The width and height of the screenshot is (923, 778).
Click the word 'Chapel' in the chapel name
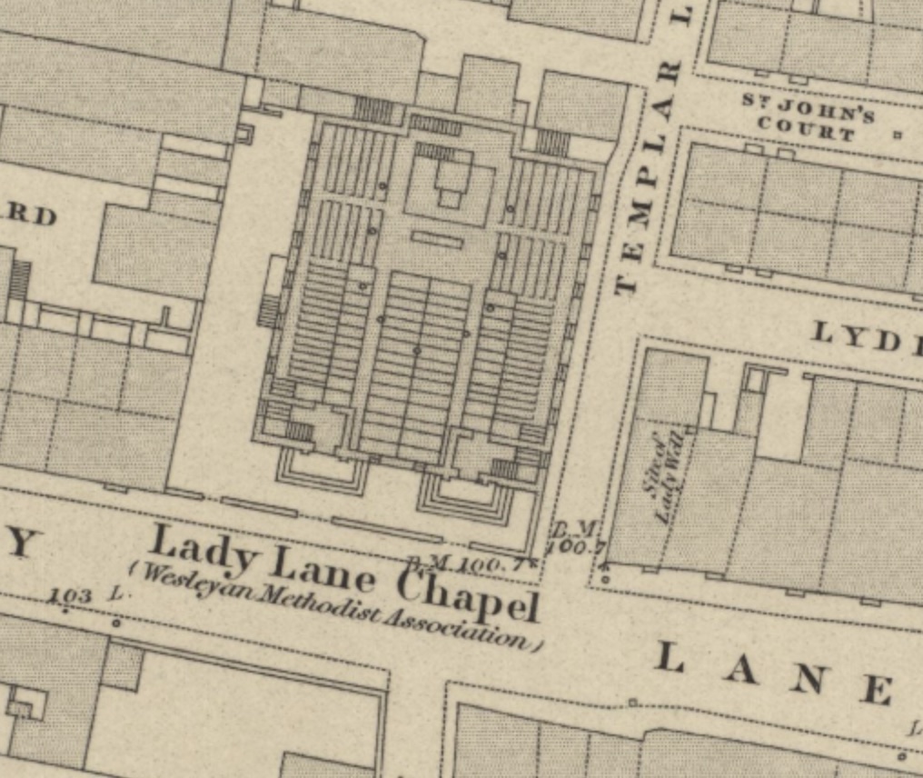pyautogui.click(x=470, y=596)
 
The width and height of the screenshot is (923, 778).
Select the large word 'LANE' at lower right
pyautogui.click(x=772, y=673)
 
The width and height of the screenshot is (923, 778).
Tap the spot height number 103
pyautogui.click(x=72, y=596)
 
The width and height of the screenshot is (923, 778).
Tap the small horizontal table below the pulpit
pyautogui.click(x=437, y=239)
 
